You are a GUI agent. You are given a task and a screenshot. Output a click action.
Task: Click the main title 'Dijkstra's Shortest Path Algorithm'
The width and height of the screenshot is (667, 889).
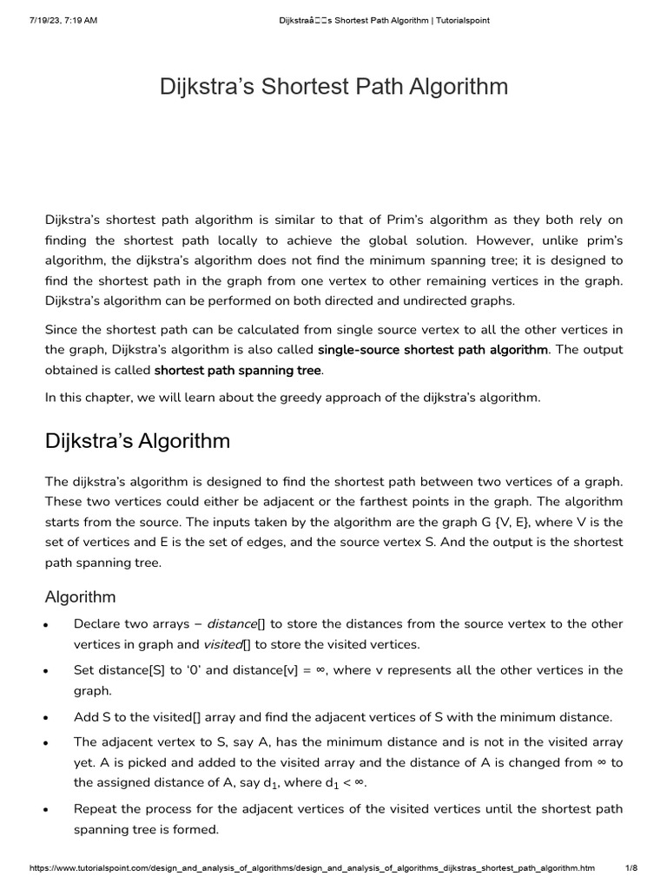(x=333, y=88)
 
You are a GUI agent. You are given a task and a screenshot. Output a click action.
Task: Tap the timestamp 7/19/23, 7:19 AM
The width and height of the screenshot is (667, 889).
(x=55, y=20)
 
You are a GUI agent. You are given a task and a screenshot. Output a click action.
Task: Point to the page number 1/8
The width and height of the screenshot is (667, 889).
(x=631, y=868)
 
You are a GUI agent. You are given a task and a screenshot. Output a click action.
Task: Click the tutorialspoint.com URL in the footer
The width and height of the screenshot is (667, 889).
(x=313, y=868)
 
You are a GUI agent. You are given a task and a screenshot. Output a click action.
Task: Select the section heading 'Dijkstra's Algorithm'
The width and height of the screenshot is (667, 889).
(x=137, y=441)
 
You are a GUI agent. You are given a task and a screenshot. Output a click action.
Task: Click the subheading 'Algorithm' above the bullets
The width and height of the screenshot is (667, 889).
(x=80, y=597)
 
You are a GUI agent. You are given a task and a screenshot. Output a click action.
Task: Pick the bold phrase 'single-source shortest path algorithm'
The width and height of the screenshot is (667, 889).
(x=433, y=350)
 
